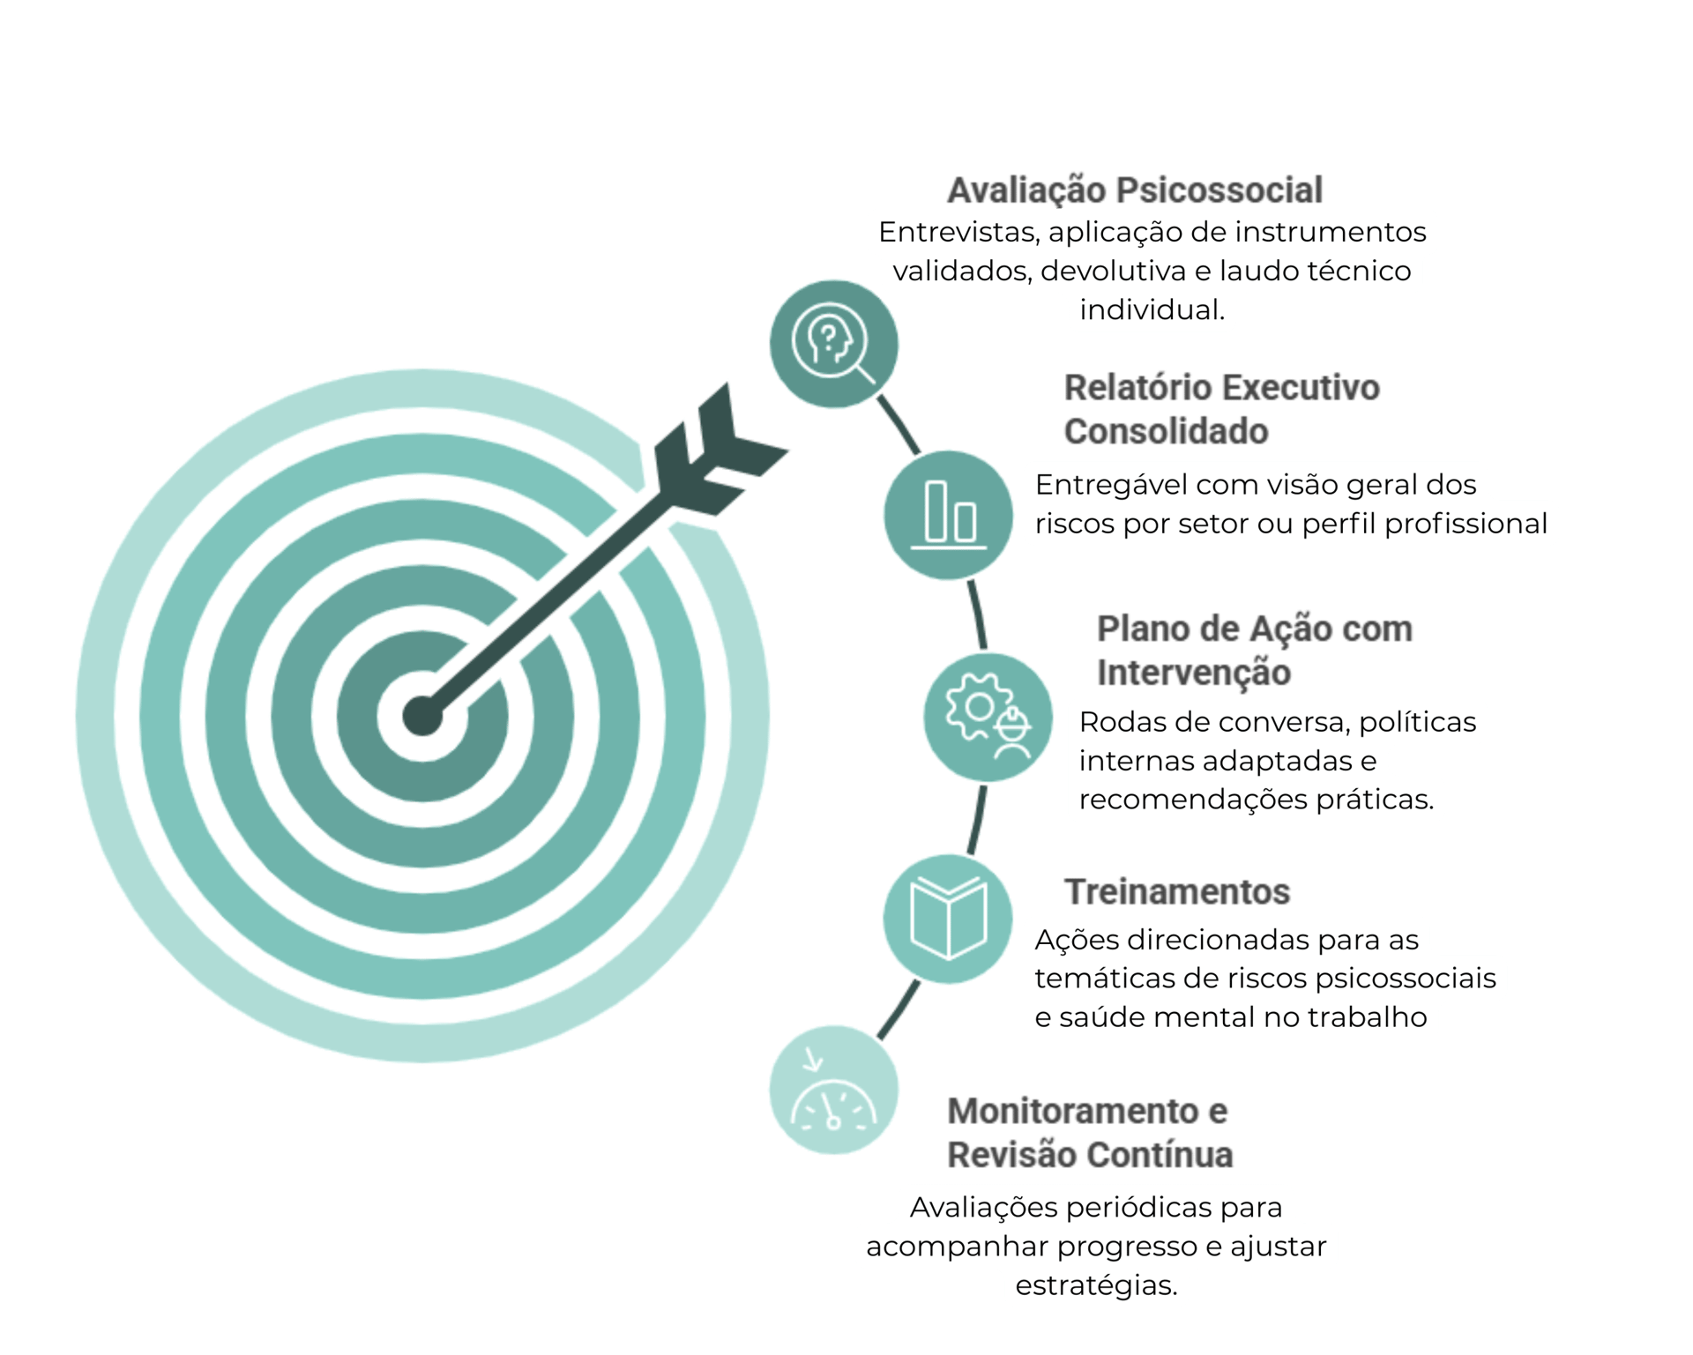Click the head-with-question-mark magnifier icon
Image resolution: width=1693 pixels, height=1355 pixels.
(833, 343)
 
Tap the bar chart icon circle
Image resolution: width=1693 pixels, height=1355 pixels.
(948, 514)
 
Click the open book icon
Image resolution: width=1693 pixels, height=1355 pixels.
(948, 918)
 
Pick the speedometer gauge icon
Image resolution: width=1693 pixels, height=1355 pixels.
(833, 1090)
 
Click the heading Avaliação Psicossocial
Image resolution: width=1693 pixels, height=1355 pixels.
(1134, 190)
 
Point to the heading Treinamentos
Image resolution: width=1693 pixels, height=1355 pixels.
(1176, 892)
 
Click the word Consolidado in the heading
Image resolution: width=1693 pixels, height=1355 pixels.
(1165, 431)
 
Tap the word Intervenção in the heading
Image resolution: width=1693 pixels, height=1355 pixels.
(1194, 672)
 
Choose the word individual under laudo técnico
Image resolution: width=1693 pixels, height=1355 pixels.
(1152, 310)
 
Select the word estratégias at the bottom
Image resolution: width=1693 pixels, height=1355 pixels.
(1096, 1285)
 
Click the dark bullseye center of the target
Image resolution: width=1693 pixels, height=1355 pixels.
(421, 714)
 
